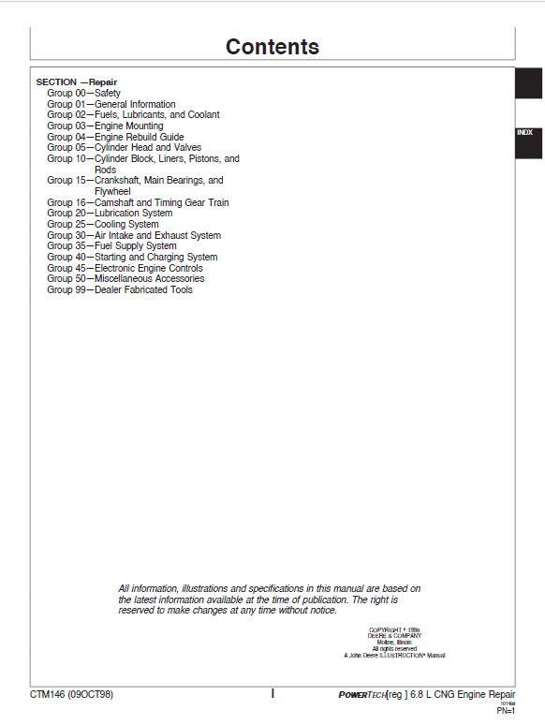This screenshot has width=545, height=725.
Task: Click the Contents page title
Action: [272, 47]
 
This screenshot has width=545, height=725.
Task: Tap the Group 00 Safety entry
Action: [84, 94]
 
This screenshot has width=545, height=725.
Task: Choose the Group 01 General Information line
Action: [111, 104]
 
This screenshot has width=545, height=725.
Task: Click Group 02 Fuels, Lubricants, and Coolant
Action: [134, 115]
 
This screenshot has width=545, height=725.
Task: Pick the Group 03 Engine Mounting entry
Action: [105, 126]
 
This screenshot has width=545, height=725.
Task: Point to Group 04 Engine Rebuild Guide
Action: [115, 137]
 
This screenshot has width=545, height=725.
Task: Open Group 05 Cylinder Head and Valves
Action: [122, 148]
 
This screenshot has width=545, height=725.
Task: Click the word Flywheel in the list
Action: [113, 191]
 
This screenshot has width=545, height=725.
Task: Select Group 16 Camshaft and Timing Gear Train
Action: [138, 202]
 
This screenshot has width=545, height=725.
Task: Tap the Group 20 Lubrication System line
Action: [110, 214]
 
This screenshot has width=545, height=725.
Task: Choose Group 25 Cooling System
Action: [103, 225]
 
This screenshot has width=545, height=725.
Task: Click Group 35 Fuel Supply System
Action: [111, 246]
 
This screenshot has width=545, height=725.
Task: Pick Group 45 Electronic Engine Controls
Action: [125, 268]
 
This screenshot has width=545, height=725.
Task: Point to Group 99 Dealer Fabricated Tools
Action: [120, 289]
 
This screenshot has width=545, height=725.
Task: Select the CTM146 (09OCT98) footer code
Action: [73, 694]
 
